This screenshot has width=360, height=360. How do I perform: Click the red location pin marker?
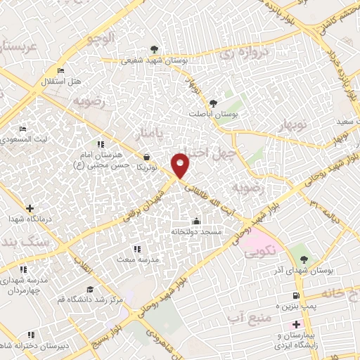[x=181, y=165]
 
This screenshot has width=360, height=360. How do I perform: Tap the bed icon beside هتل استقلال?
[x=60, y=71]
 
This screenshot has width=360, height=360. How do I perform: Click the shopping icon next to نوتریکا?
[x=146, y=157]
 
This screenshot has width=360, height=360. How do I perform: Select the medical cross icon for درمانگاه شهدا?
[x=29, y=208]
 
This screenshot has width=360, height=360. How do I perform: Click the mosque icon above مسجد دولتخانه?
[x=196, y=221]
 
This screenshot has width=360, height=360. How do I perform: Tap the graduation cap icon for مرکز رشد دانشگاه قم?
[x=89, y=289]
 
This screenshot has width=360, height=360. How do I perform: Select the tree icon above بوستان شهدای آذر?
[x=304, y=252]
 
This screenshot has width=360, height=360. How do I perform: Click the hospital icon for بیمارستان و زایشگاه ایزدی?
[x=295, y=324]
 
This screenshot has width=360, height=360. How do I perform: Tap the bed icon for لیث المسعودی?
[x=23, y=129]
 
